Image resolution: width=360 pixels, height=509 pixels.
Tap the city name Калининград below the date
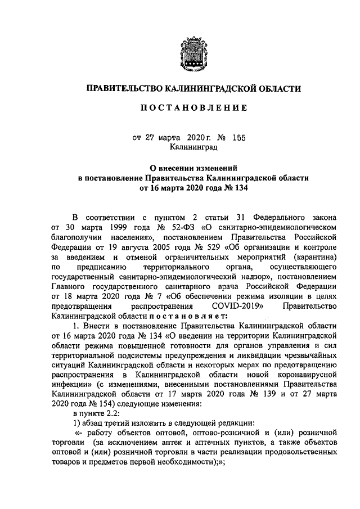click(x=193, y=147)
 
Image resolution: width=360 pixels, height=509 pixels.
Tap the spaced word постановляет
click(x=195, y=316)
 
